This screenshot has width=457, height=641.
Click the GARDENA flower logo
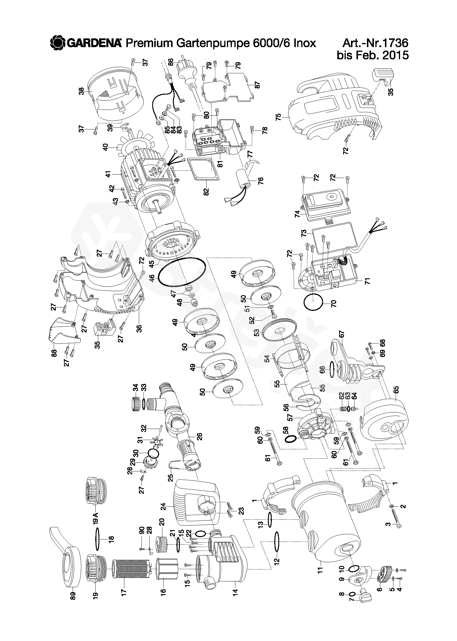(58, 43)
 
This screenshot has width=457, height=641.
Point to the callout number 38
(82, 91)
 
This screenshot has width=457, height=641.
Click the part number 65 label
(397, 390)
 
